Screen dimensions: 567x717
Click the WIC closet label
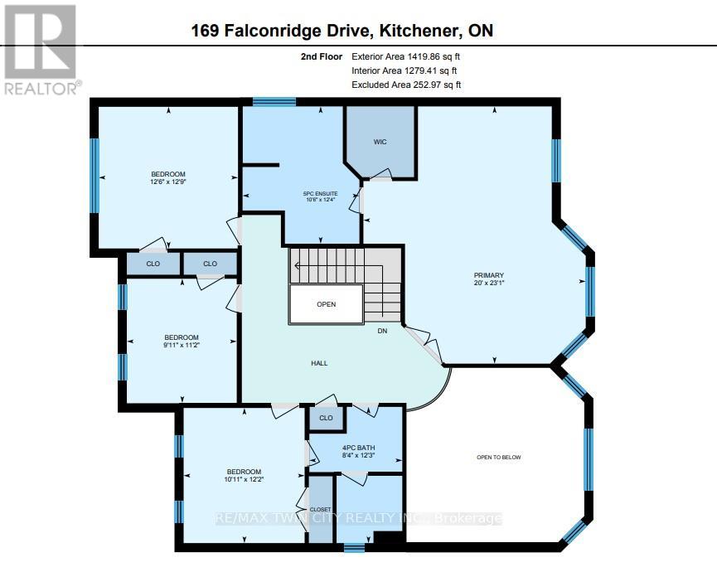380,142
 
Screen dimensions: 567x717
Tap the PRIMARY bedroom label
489,275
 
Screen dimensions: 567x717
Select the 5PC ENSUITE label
320,194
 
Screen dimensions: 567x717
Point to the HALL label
319,363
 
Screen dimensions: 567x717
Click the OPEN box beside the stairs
326,304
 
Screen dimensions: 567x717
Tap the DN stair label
382,330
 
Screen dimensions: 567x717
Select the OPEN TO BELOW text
498,458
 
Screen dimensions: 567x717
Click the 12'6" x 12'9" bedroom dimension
167,182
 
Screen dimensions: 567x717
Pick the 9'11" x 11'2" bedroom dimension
181,346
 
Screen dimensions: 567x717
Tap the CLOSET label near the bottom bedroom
320,510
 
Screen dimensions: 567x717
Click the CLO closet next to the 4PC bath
326,418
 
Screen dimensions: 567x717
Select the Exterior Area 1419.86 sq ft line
406,56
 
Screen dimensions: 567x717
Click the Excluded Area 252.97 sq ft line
406,85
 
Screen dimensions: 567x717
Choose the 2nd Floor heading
319,56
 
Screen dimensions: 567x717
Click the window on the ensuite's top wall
274,102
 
